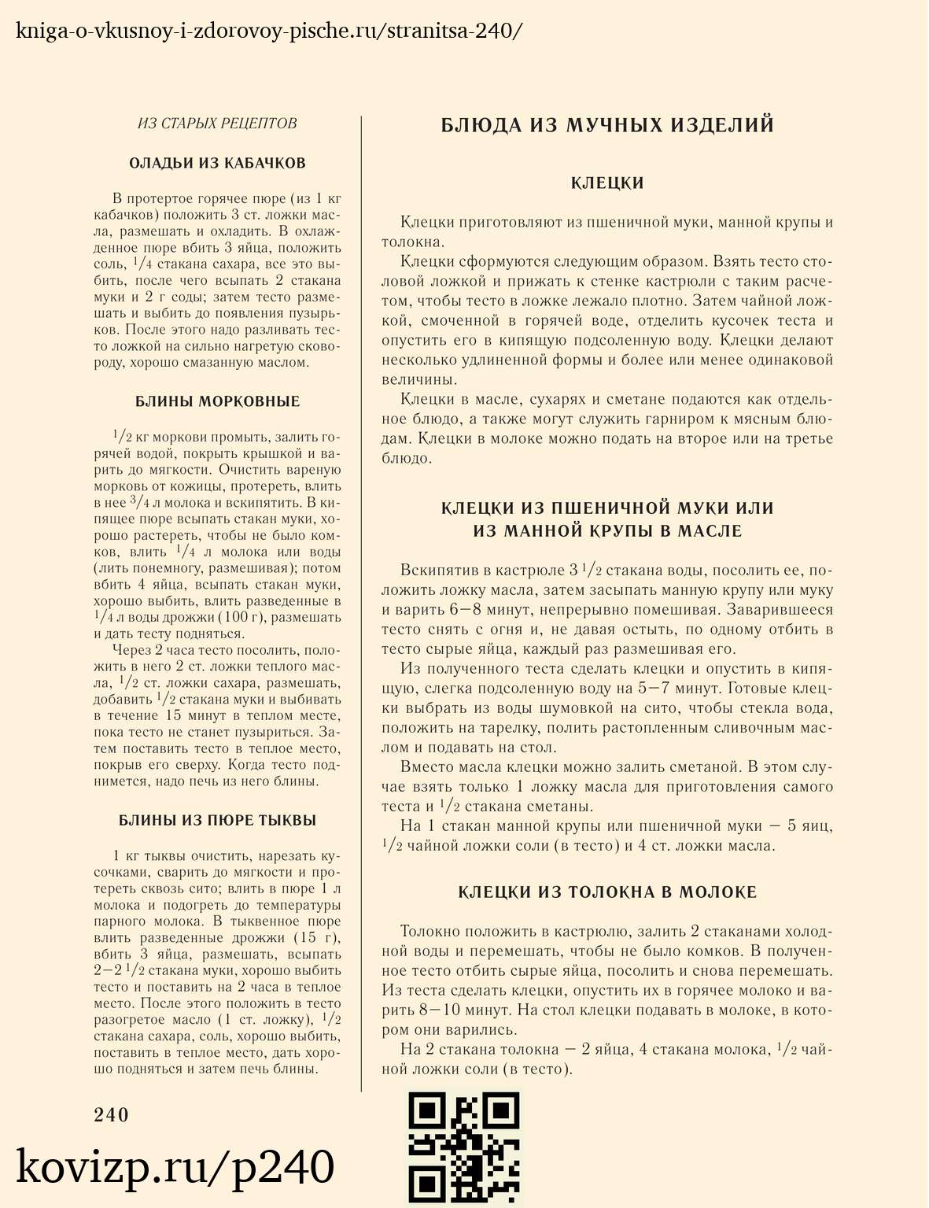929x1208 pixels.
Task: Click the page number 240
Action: tap(111, 1114)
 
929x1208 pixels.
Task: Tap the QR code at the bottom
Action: tap(464, 1148)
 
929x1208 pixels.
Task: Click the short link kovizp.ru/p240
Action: tap(175, 1167)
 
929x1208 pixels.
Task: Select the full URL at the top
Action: tap(268, 31)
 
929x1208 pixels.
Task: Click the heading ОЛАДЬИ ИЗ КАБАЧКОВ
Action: tap(217, 164)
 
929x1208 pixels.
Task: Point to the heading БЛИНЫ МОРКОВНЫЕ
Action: tap(217, 401)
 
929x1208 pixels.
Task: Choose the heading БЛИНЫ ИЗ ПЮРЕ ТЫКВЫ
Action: tap(217, 820)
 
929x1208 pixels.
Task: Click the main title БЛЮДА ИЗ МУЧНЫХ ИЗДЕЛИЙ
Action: tap(607, 125)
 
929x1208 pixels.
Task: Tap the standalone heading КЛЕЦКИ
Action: tap(607, 183)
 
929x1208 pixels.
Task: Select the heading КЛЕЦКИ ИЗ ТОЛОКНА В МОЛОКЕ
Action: tap(607, 892)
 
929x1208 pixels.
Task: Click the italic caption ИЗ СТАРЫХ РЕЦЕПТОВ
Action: tap(217, 124)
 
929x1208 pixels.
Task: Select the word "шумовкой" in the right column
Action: tap(577, 708)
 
